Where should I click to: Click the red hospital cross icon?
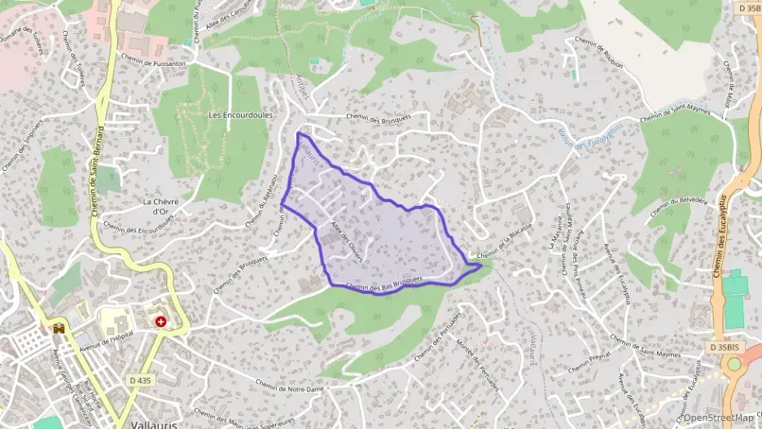coord(161,322)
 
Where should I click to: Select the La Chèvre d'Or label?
coord(160,207)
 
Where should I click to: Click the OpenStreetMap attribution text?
coord(719,418)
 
